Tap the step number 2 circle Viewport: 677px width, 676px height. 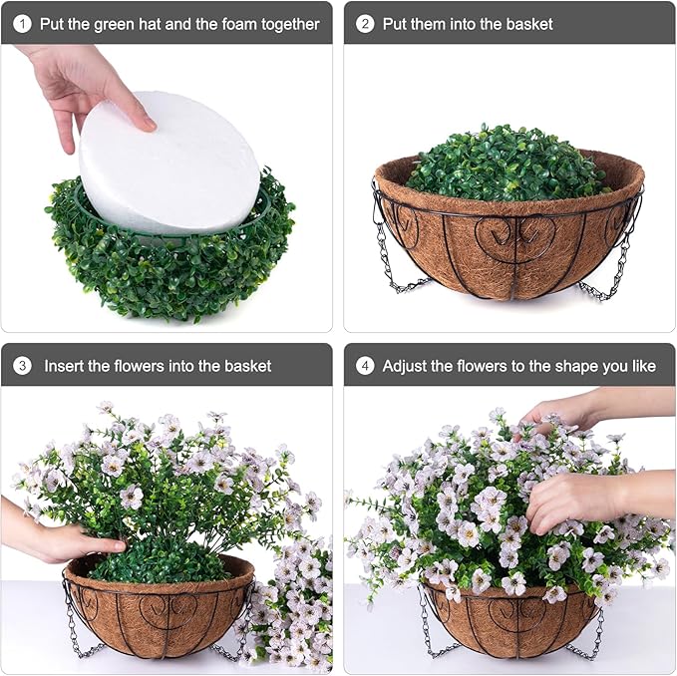365,23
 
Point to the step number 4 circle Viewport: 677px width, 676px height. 365,366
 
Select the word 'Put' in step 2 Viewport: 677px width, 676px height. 396,23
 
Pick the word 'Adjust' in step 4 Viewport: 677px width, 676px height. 407,366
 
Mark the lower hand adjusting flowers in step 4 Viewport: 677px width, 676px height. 578,499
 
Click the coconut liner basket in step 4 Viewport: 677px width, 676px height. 508,623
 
